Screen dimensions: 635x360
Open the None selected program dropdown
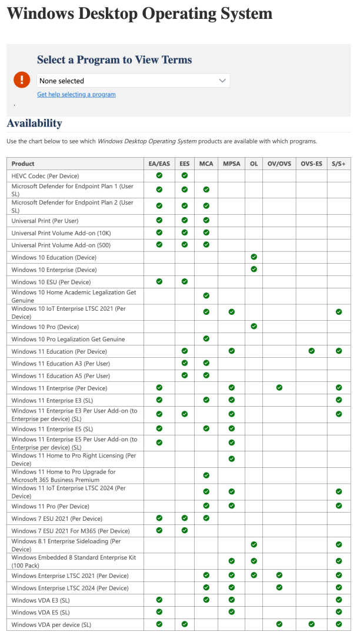[133, 81]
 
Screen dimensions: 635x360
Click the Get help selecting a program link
[76, 94]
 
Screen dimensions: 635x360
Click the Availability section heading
[34, 124]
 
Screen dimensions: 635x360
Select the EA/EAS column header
[159, 164]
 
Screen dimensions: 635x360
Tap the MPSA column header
[231, 164]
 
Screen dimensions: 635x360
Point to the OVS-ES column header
[311, 164]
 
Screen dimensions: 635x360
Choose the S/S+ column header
[339, 164]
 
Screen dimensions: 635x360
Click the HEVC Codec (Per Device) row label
[45, 176]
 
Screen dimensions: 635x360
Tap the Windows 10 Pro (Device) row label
[45, 327]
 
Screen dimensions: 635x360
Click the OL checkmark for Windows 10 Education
[254, 257]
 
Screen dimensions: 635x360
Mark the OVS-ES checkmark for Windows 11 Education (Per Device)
[311, 351]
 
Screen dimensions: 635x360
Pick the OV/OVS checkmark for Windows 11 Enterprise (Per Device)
[279, 387]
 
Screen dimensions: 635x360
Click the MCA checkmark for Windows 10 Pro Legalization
[206, 338]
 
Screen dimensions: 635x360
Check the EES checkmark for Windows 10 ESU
[185, 281]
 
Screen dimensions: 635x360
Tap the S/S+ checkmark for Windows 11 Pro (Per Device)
[339, 506]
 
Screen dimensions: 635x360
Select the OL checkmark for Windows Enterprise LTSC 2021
[254, 575]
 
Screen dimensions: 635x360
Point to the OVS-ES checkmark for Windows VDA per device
[311, 624]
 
